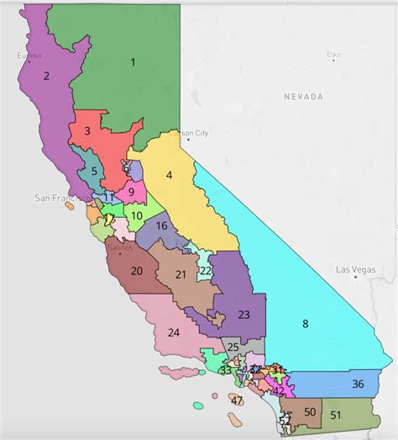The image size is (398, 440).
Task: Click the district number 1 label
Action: [x=133, y=61]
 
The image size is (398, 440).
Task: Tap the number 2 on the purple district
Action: [x=46, y=76]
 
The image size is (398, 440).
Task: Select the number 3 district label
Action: [x=86, y=131]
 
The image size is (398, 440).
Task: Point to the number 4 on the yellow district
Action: [x=169, y=175]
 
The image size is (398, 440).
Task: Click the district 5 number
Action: [x=94, y=172]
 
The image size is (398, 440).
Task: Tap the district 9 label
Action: [x=131, y=192]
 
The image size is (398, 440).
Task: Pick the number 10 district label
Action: [x=136, y=215]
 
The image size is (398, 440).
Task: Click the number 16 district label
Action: [x=162, y=225]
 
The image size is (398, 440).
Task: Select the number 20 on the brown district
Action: [x=137, y=271]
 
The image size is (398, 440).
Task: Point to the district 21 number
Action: [x=181, y=275]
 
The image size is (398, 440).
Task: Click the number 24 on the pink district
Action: [x=174, y=331]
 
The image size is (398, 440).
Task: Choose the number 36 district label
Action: [x=358, y=384]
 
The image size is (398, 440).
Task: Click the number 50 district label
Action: [x=310, y=411]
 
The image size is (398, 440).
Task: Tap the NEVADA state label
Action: [x=302, y=97]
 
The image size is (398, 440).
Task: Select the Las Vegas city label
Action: [x=353, y=269]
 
